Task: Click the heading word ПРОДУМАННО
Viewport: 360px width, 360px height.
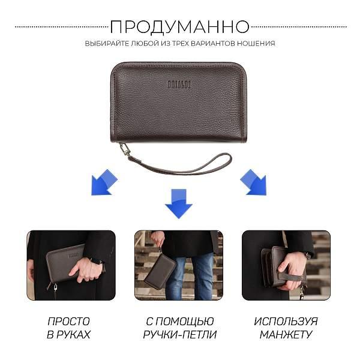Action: point(180,27)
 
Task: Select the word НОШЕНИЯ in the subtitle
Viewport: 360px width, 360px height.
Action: point(256,43)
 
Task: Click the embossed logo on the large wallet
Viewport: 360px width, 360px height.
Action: point(179,85)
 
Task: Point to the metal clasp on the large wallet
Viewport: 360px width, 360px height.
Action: point(124,149)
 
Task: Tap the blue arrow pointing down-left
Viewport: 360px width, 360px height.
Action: point(104,182)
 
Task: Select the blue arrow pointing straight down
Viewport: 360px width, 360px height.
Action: point(179,203)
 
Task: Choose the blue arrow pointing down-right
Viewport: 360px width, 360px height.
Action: point(253,182)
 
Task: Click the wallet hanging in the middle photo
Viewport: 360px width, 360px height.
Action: point(160,271)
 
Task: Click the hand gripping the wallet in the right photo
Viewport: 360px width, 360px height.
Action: point(292,270)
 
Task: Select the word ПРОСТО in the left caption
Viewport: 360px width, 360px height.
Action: point(68,322)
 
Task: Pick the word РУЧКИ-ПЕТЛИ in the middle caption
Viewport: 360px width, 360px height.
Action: point(180,335)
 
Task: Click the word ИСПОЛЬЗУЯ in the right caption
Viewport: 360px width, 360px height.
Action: point(286,322)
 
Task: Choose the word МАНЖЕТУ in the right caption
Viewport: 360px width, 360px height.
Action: point(286,335)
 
